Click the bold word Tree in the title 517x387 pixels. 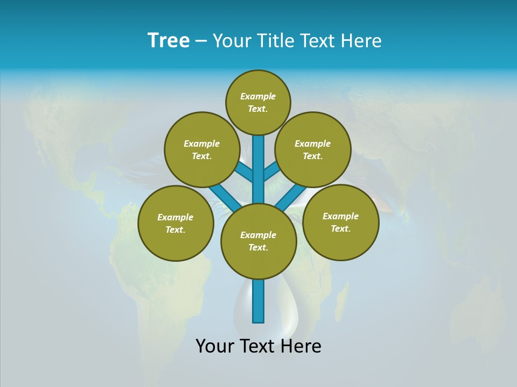[x=169, y=40]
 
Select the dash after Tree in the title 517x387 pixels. [x=201, y=41]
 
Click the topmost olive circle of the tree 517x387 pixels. [x=258, y=102]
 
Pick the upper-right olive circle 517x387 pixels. [x=313, y=149]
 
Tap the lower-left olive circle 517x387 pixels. [x=176, y=223]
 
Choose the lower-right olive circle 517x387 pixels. [x=340, y=222]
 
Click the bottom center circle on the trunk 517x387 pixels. [x=258, y=241]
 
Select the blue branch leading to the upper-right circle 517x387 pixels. [x=271, y=172]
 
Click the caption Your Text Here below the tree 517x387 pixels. [x=258, y=346]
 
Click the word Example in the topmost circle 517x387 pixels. [x=258, y=97]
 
